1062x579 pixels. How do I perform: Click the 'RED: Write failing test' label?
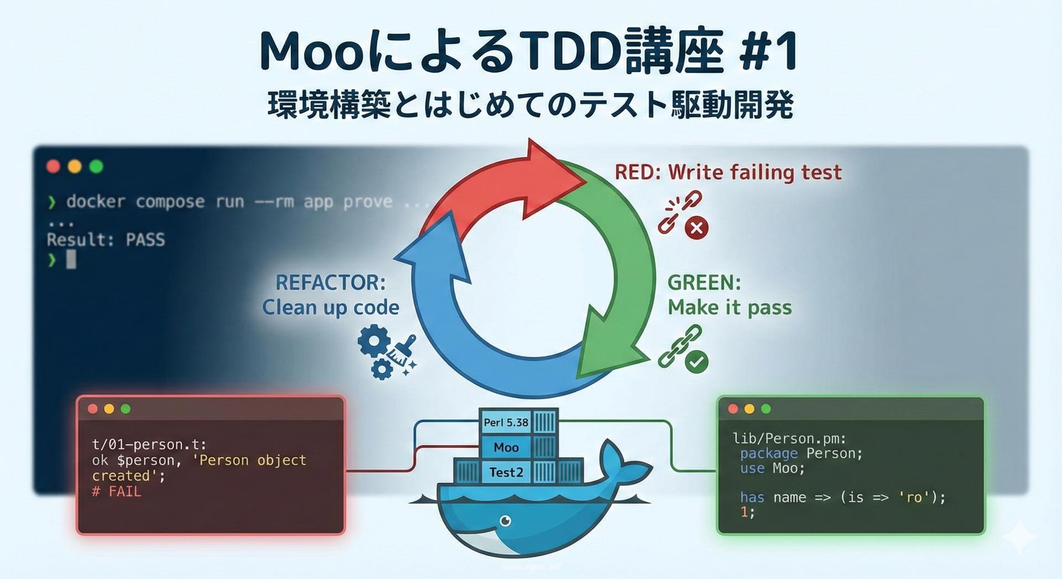[728, 173]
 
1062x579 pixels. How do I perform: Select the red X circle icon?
[696, 227]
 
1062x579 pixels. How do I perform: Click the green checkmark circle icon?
[696, 362]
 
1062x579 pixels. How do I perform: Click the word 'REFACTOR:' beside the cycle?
[330, 283]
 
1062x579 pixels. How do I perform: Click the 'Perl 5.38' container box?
[506, 422]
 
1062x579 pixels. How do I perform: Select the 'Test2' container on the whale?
[506, 472]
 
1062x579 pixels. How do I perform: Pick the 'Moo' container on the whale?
[506, 447]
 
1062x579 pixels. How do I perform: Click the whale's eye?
[505, 521]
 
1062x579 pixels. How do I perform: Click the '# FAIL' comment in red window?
[117, 492]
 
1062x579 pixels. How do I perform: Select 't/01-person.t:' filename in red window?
[149, 445]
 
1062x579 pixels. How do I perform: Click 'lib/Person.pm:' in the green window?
[789, 439]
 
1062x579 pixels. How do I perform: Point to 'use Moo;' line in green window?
[773, 468]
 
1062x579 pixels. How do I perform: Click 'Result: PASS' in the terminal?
[106, 239]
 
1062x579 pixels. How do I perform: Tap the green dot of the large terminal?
[96, 166]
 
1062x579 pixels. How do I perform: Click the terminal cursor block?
[71, 259]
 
